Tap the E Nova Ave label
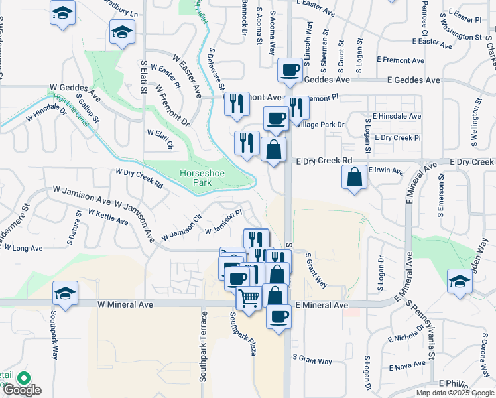pos(407,366)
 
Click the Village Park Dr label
pos(322,124)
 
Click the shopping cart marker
pos(249,298)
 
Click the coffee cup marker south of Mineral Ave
pos(279,315)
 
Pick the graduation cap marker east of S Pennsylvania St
pos(459,281)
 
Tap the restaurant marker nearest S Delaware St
pos(235,103)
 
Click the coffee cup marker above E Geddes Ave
pos(290,70)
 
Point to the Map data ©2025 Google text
pos(455,393)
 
